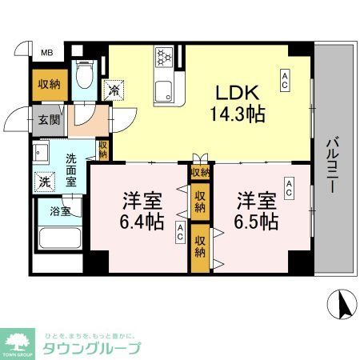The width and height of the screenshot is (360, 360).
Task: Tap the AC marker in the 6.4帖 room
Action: click(181, 234)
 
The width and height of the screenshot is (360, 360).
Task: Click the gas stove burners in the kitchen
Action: click(166, 58)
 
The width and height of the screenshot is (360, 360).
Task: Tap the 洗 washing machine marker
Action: click(45, 182)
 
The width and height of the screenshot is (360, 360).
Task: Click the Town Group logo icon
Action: click(16, 343)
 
